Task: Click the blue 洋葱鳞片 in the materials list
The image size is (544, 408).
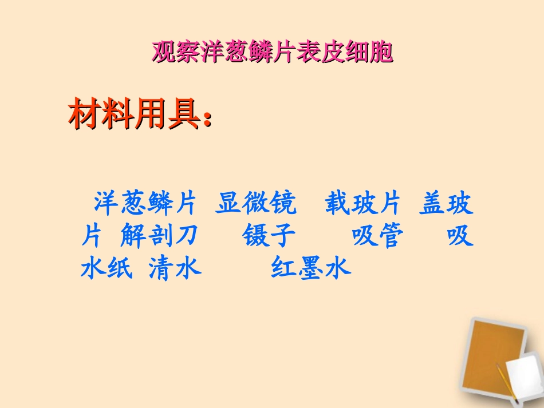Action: [x=145, y=204]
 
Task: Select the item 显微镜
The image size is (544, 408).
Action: [x=256, y=204]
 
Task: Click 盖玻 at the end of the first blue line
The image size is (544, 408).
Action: [x=446, y=204]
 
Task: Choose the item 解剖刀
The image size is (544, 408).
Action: [x=159, y=236]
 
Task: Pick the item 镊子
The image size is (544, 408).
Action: [x=269, y=236]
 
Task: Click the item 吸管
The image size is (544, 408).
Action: [x=378, y=236]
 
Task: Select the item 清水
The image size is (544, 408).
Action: [x=175, y=268]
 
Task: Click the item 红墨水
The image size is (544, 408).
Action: [x=310, y=268]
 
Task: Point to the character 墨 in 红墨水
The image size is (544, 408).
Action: [x=310, y=268]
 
